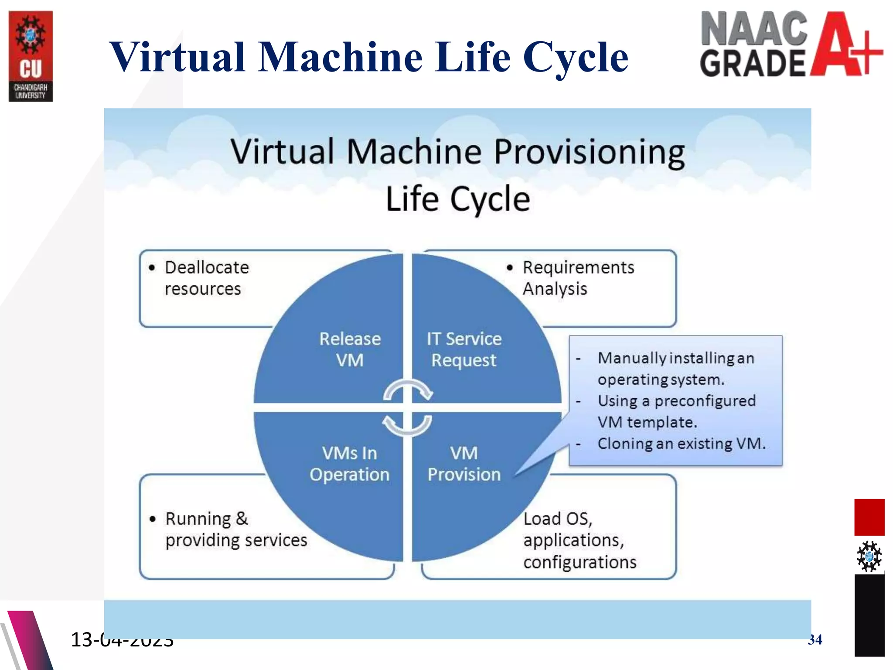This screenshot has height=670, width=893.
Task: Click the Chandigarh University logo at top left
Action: click(31, 56)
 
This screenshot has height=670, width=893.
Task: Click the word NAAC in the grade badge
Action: click(754, 29)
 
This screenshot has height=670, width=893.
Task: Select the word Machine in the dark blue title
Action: click(340, 57)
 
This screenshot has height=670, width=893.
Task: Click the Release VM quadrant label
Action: click(350, 349)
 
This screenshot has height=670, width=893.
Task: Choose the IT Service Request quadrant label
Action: click(464, 349)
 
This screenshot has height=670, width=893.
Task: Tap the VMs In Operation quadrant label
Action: click(350, 464)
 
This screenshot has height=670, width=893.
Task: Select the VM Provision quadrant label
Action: click(464, 464)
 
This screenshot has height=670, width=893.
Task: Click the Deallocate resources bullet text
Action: click(206, 278)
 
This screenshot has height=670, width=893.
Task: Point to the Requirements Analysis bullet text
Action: click(578, 278)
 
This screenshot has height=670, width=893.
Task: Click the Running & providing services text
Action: click(235, 530)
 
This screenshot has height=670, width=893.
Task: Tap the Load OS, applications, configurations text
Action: click(579, 540)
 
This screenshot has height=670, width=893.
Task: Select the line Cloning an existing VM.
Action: click(681, 444)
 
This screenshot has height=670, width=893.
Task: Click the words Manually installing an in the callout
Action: click(675, 358)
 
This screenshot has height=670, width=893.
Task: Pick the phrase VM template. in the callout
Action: click(647, 422)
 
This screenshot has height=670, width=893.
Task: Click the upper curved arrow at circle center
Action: click(408, 390)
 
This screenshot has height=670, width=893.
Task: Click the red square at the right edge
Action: click(869, 517)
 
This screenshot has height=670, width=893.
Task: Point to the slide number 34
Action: click(815, 639)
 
